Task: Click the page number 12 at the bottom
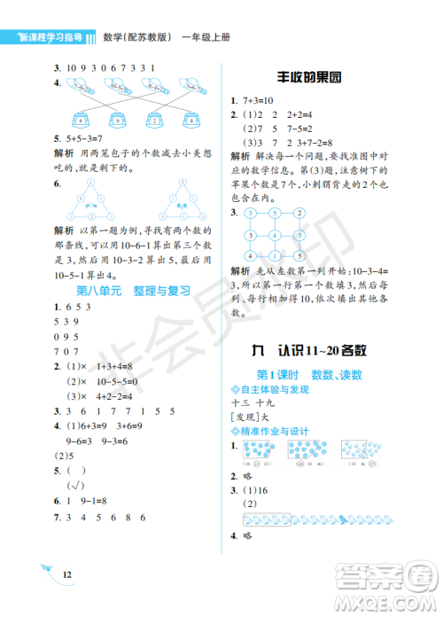(x=66, y=575)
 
